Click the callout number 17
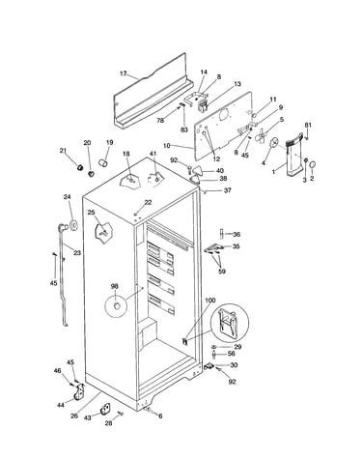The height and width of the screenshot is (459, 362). pos(124,73)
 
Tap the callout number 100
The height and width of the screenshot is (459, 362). pos(209,301)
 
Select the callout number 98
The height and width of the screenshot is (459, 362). pos(115,286)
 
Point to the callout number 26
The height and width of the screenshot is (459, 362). pos(74,416)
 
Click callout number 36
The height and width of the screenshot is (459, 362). pos(237,235)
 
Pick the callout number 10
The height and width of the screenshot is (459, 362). pos(167,146)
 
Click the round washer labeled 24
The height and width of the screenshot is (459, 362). pos(73,224)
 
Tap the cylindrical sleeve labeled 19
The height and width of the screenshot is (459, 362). pos(103,163)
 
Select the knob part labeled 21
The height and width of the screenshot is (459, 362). pos(80,167)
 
